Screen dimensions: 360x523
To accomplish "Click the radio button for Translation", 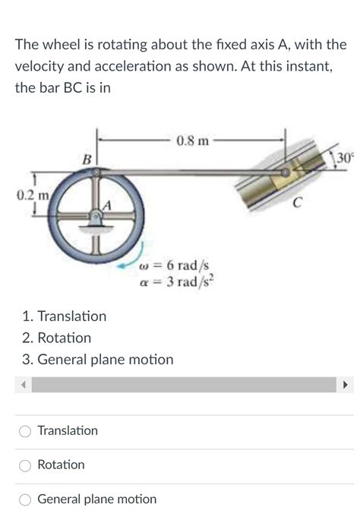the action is (25, 431).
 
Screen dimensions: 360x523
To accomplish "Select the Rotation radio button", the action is (25, 465).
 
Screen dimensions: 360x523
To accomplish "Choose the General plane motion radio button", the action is (25, 499).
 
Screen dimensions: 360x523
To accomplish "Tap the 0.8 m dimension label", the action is (192, 140).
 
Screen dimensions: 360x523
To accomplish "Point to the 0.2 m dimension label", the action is (33, 195).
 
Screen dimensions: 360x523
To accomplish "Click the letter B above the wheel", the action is (87, 159).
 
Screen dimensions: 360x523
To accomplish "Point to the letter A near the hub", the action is (107, 206).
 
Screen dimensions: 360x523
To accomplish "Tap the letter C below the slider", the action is (298, 202).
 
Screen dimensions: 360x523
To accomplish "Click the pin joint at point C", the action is (286, 172).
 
